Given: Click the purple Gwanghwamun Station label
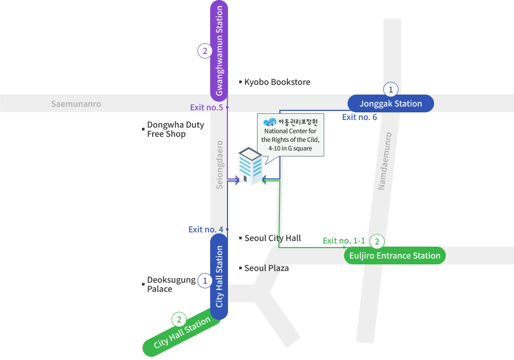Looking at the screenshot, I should tap(219, 51).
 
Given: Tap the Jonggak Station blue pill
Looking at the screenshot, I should tap(390, 104).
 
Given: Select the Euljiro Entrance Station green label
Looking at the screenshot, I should tap(394, 256).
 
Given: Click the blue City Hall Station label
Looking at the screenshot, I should tap(219, 277).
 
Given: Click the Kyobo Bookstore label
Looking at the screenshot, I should tap(277, 82).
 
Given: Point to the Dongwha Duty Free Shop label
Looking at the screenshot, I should tap(175, 129).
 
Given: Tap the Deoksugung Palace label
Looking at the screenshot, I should tap(170, 284).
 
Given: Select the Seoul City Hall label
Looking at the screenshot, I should tap(272, 238).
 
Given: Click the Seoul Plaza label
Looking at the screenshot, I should tap(266, 268).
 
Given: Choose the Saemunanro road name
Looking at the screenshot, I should tap(76, 104).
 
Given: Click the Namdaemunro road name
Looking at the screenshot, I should tap(385, 161).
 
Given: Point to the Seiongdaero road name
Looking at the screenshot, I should tap(219, 165).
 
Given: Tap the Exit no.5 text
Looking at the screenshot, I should tap(207, 107).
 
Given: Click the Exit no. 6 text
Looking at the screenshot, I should tap(359, 117).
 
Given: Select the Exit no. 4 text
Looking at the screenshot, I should tap(206, 229).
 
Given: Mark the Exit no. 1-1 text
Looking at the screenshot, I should tap(344, 241).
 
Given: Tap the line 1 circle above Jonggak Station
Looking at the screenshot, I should tap(390, 89).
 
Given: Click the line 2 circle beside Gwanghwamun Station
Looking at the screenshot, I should tap(205, 51).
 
